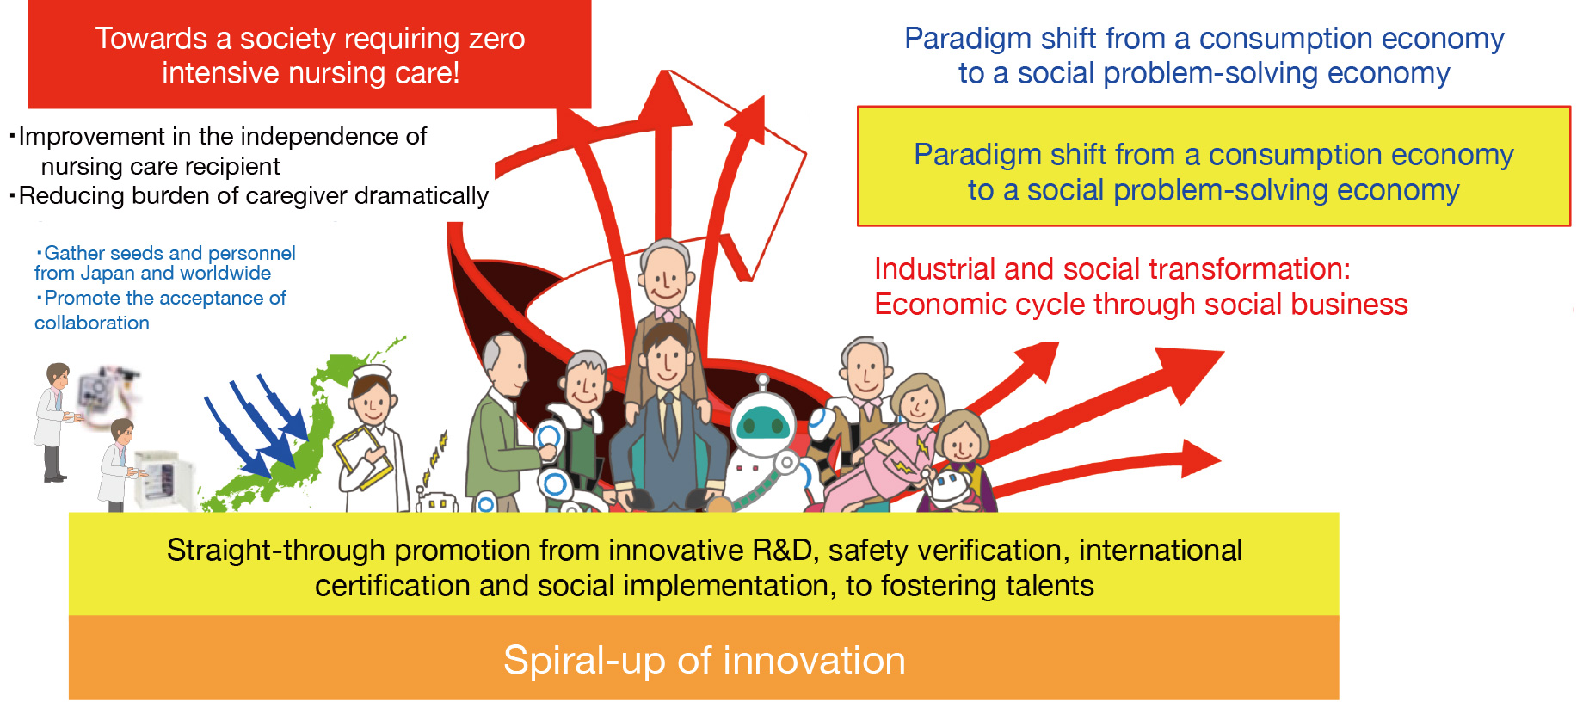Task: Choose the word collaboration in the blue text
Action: pos(92,323)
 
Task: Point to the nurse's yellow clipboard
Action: pos(362,457)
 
